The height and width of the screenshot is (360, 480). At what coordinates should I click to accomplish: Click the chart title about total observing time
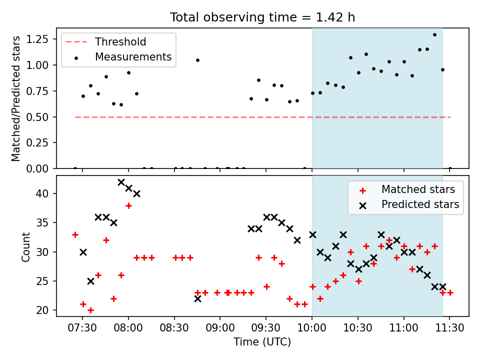tap(262, 17)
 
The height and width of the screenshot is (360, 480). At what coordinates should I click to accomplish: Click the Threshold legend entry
tap(105, 41)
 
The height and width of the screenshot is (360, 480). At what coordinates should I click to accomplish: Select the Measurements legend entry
tap(122, 56)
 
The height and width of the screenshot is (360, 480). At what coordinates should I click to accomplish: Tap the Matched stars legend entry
tap(407, 189)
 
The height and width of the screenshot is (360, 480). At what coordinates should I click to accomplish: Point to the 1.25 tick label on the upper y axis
tap(37, 39)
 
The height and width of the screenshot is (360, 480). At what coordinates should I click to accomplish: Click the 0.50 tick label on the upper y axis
tap(37, 117)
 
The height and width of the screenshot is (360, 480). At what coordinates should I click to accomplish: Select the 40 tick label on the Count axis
tap(43, 193)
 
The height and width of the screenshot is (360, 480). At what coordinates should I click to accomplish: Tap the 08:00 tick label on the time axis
tap(128, 328)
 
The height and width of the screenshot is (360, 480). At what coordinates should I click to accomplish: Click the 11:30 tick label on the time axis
tap(449, 328)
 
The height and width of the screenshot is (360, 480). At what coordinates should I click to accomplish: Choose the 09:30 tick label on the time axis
tap(266, 328)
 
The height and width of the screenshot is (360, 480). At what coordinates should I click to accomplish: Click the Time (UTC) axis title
tap(262, 341)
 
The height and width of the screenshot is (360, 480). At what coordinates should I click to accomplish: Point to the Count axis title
tap(25, 246)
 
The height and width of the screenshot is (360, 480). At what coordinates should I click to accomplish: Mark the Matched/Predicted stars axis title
tap(15, 98)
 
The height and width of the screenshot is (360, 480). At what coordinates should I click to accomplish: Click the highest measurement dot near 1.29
tap(434, 35)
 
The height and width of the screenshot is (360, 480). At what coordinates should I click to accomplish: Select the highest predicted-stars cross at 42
tap(121, 182)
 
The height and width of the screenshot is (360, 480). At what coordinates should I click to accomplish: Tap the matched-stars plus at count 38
tap(128, 205)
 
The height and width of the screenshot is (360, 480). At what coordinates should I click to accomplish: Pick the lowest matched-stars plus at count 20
tap(90, 310)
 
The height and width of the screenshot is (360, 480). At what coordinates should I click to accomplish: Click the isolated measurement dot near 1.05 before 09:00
tap(198, 60)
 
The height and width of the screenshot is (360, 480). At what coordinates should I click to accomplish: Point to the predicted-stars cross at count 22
tap(198, 298)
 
